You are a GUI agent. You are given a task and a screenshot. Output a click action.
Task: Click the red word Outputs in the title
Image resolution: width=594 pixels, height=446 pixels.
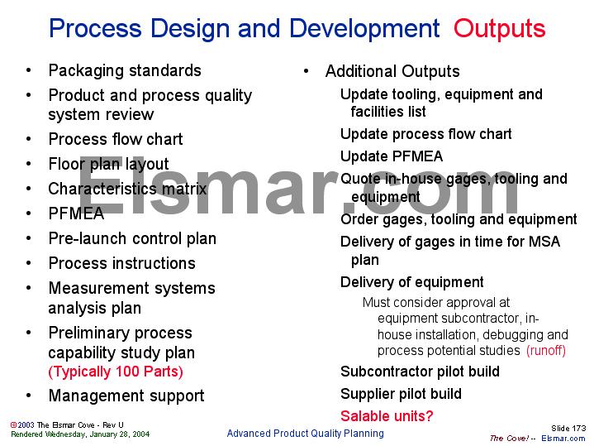[499, 29]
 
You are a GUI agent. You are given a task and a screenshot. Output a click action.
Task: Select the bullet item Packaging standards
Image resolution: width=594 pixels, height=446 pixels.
[125, 70]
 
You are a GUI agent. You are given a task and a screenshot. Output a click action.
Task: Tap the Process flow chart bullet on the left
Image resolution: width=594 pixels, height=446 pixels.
[116, 139]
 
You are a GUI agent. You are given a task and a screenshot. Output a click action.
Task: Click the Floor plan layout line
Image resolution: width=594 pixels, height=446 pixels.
[108, 164]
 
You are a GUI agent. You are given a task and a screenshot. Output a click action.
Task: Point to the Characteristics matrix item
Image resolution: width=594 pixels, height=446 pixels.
[127, 189]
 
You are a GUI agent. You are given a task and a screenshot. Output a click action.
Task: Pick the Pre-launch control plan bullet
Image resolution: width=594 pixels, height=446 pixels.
[132, 238]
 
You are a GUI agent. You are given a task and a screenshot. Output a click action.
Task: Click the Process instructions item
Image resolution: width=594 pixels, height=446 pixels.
[121, 263]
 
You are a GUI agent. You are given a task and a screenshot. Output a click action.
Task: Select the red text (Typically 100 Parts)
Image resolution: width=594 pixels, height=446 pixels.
[116, 372]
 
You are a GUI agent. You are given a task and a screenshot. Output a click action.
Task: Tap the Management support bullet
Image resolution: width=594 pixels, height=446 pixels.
[126, 396]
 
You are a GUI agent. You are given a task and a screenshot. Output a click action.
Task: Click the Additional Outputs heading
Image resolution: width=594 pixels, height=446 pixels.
[392, 71]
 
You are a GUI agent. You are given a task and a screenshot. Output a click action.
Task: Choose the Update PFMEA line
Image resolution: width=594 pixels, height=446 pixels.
[392, 156]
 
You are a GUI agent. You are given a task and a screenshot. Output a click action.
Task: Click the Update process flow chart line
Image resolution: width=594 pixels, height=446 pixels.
[425, 134]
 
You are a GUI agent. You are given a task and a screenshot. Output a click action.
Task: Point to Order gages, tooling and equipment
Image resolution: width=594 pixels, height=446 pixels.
[459, 219]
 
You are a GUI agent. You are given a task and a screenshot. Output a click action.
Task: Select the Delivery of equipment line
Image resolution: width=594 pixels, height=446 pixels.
[411, 282]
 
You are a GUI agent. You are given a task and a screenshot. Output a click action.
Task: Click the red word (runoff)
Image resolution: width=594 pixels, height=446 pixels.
[545, 350]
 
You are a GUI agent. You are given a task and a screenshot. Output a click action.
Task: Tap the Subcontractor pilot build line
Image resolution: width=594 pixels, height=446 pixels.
[420, 372]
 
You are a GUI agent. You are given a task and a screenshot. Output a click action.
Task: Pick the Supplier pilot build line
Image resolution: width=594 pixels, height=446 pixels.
[401, 394]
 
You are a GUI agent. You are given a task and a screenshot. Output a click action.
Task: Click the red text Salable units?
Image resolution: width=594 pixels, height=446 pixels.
[387, 416]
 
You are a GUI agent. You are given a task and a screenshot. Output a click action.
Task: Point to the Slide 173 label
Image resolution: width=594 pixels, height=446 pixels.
[568, 428]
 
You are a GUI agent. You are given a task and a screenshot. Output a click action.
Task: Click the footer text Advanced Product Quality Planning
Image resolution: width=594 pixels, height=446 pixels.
[305, 433]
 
